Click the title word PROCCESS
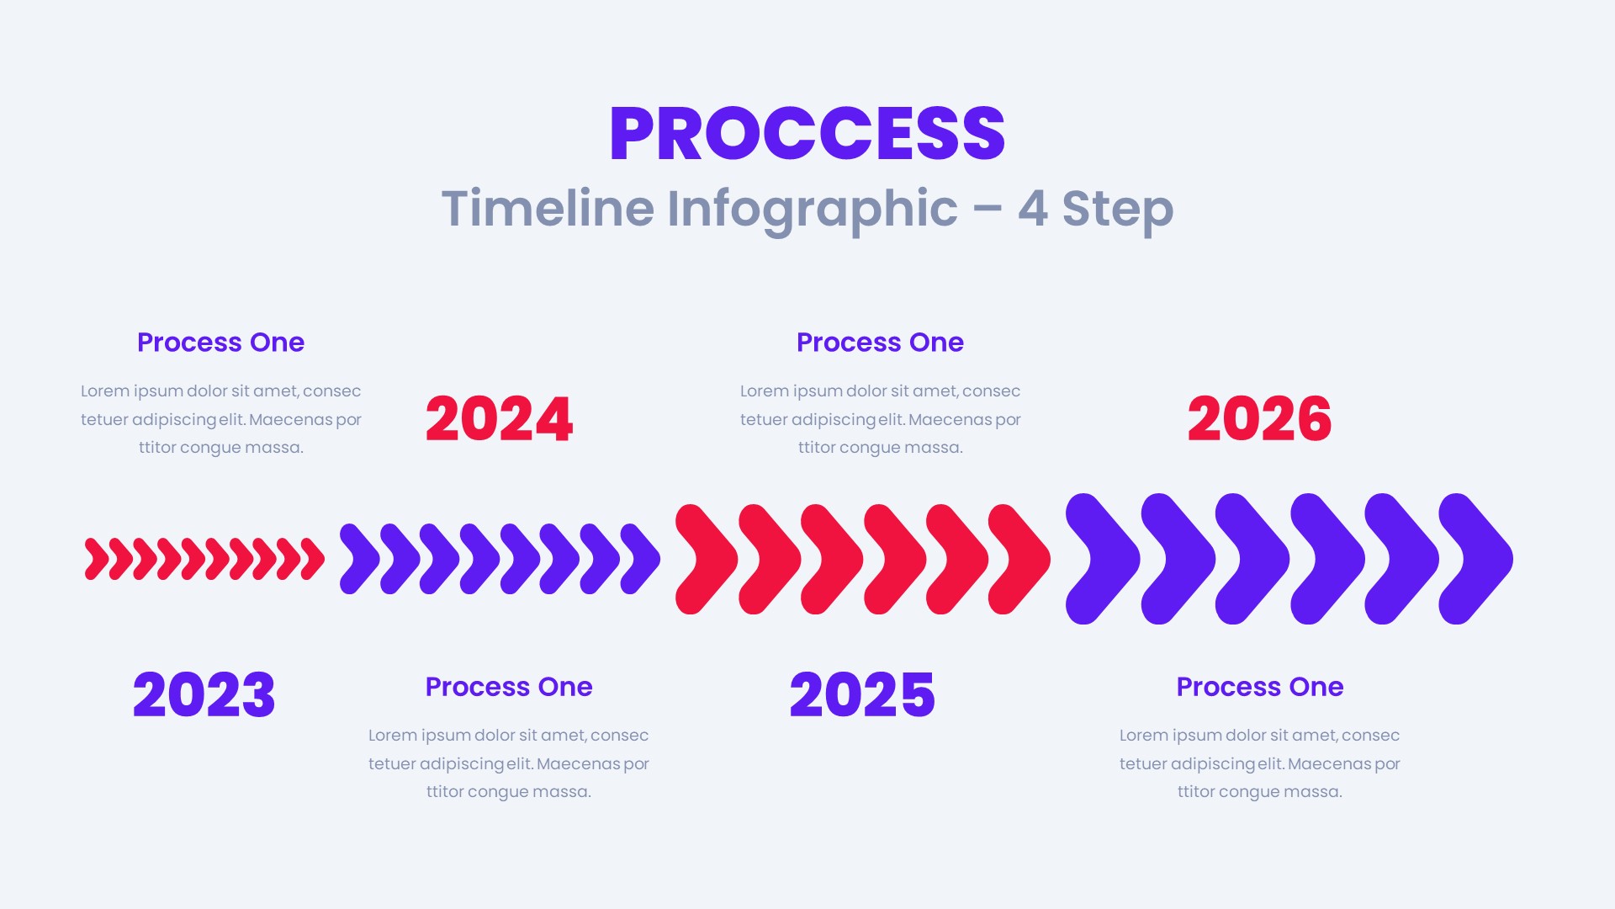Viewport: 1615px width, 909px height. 807,134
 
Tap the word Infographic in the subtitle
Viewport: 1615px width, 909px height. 812,209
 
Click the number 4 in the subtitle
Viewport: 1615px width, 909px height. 1032,209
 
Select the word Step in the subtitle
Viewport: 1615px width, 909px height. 1117,209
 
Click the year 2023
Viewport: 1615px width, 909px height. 204,695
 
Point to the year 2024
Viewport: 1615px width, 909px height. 499,419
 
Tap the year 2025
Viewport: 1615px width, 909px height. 862,695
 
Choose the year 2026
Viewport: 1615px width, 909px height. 1259,419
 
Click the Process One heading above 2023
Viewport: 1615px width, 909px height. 220,343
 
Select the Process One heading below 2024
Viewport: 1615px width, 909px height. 509,687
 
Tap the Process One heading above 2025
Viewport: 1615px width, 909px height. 880,343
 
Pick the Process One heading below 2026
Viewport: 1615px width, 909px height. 1259,687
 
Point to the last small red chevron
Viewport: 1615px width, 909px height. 314,559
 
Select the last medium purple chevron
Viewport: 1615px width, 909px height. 642,559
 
